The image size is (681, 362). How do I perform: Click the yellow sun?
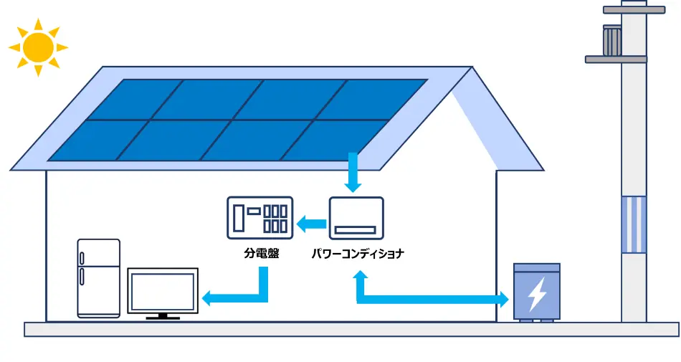point(38,47)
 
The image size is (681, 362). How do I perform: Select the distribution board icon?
point(259,218)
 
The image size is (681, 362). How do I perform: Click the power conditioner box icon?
point(356,218)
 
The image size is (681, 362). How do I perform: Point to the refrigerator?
point(99,278)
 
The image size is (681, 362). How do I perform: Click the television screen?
point(163,290)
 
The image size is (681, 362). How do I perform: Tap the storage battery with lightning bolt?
point(536,292)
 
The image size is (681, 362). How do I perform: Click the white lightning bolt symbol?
point(536,295)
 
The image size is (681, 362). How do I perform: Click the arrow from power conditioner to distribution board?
point(312,224)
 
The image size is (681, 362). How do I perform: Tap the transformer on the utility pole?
point(612,41)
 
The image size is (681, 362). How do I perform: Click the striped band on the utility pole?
point(633,224)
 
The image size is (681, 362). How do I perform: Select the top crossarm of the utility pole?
point(634,10)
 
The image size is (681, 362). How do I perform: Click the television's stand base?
point(163,318)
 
